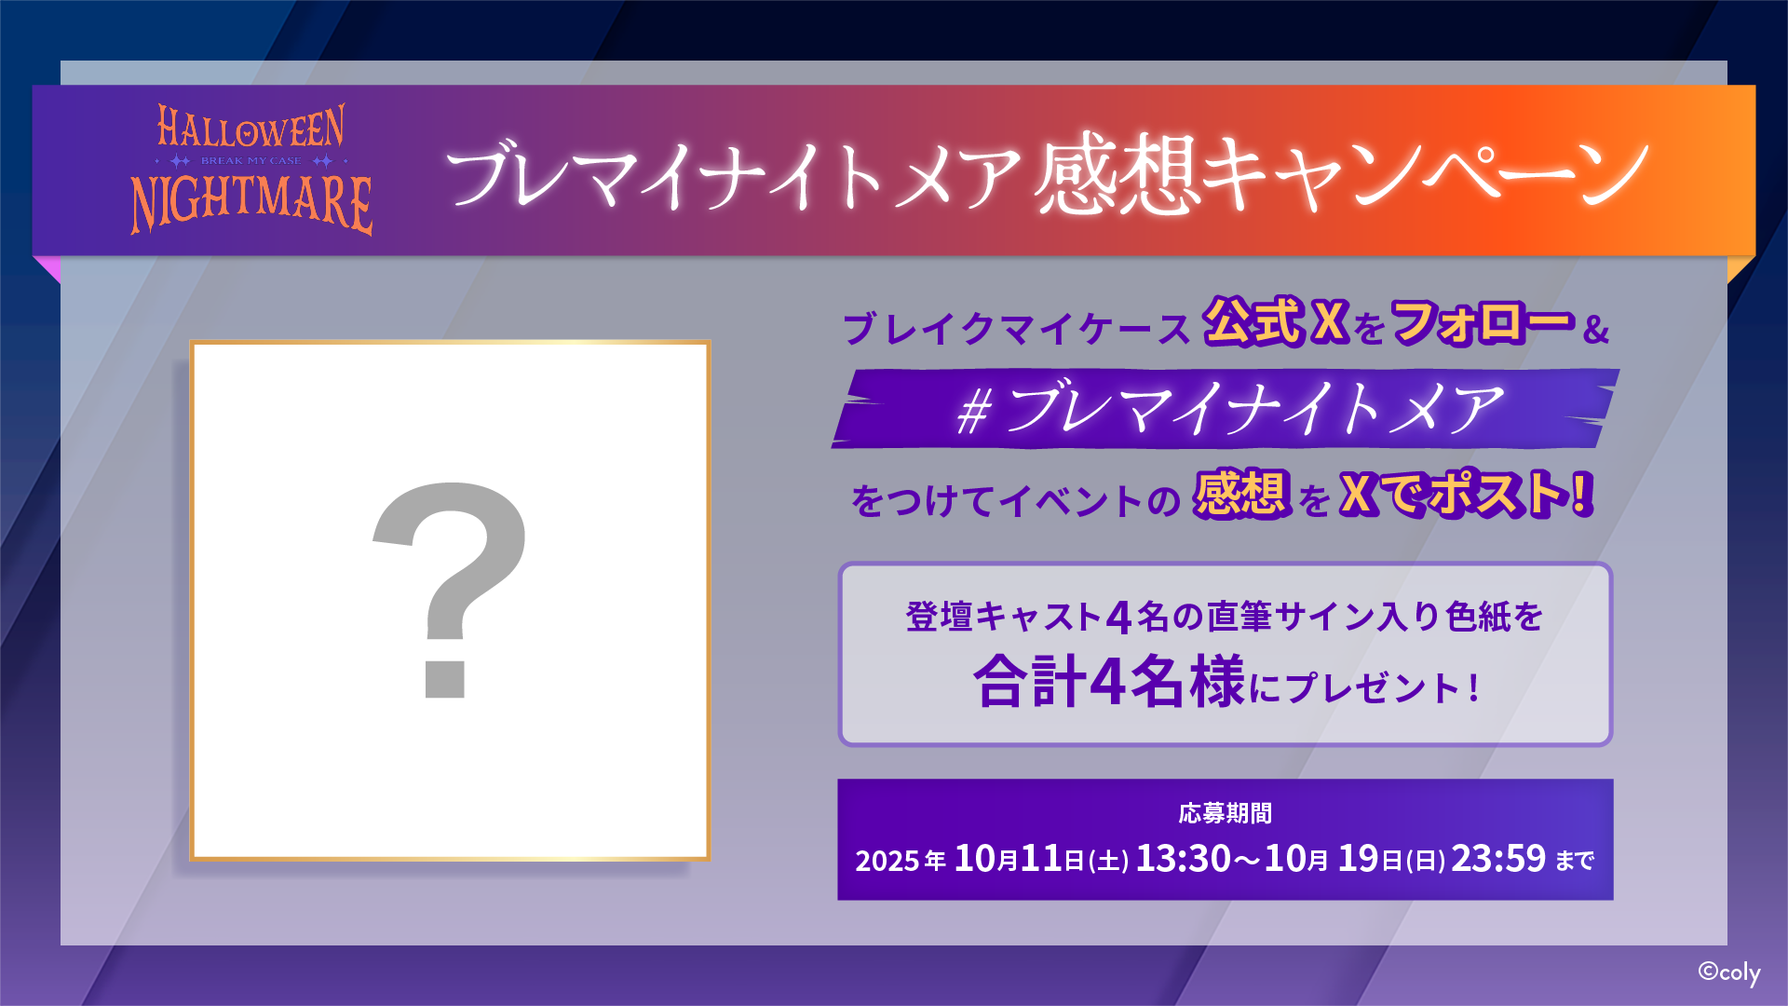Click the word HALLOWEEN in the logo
[x=251, y=127]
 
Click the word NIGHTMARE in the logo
[x=251, y=203]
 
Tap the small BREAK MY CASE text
[x=251, y=161]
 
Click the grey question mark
[x=449, y=590]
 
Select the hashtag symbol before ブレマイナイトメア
[x=973, y=412]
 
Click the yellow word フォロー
[x=1483, y=322]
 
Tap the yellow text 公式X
[x=1276, y=322]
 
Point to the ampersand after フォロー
[x=1596, y=329]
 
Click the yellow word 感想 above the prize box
[x=1241, y=494]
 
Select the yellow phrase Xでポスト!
[x=1467, y=494]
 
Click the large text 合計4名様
[x=1108, y=682]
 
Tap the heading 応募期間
[x=1225, y=813]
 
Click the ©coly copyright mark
[x=1728, y=973]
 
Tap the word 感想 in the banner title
[x=1115, y=175]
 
